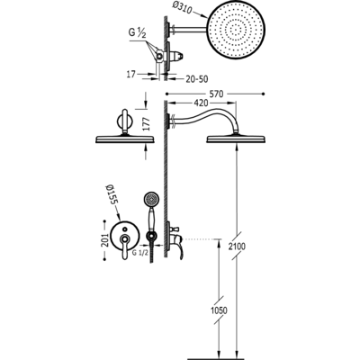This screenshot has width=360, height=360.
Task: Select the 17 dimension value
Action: coord(131,73)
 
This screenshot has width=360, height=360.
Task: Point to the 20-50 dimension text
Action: coord(196,79)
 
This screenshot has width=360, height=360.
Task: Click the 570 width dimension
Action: coord(216,94)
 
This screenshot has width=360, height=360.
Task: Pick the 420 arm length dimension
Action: coord(201,103)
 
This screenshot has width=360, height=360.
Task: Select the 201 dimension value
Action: coord(104,240)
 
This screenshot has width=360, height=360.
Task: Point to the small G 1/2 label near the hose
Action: coord(140,253)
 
